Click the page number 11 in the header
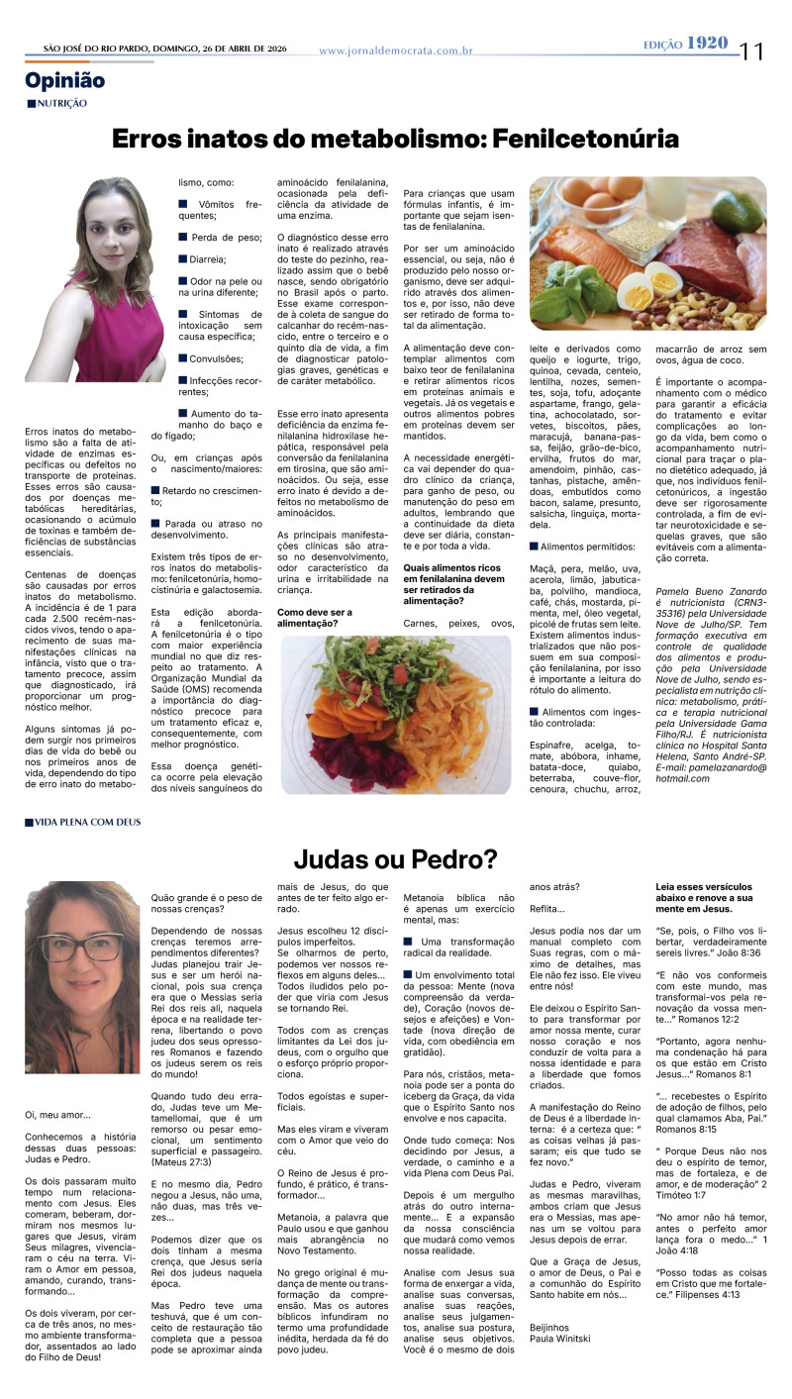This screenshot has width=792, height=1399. pos(752,50)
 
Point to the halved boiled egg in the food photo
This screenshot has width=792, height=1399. pos(636,291)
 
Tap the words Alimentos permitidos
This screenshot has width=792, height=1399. pos(588,546)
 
